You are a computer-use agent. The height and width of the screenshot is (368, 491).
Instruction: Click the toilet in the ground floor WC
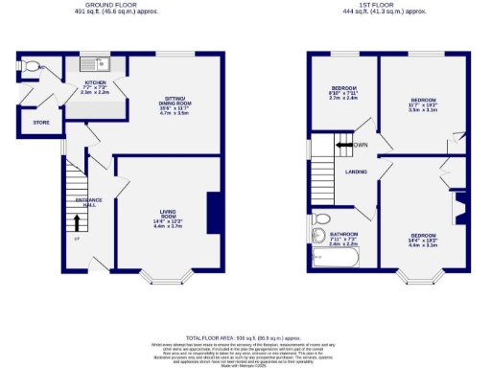pos(33,67)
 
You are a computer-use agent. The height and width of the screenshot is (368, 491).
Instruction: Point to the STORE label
pos(40,123)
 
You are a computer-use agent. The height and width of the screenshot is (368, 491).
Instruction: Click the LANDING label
pos(358,172)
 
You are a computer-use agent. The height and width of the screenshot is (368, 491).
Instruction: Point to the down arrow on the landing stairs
pos(340,145)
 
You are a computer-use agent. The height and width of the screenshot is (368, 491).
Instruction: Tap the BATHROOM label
pos(343,239)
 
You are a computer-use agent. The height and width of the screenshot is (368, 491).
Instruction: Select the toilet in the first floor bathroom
pos(317,234)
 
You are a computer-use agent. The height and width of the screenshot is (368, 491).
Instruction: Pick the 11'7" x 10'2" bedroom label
pos(423,103)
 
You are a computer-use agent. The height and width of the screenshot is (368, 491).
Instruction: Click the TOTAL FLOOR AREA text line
pos(244,338)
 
